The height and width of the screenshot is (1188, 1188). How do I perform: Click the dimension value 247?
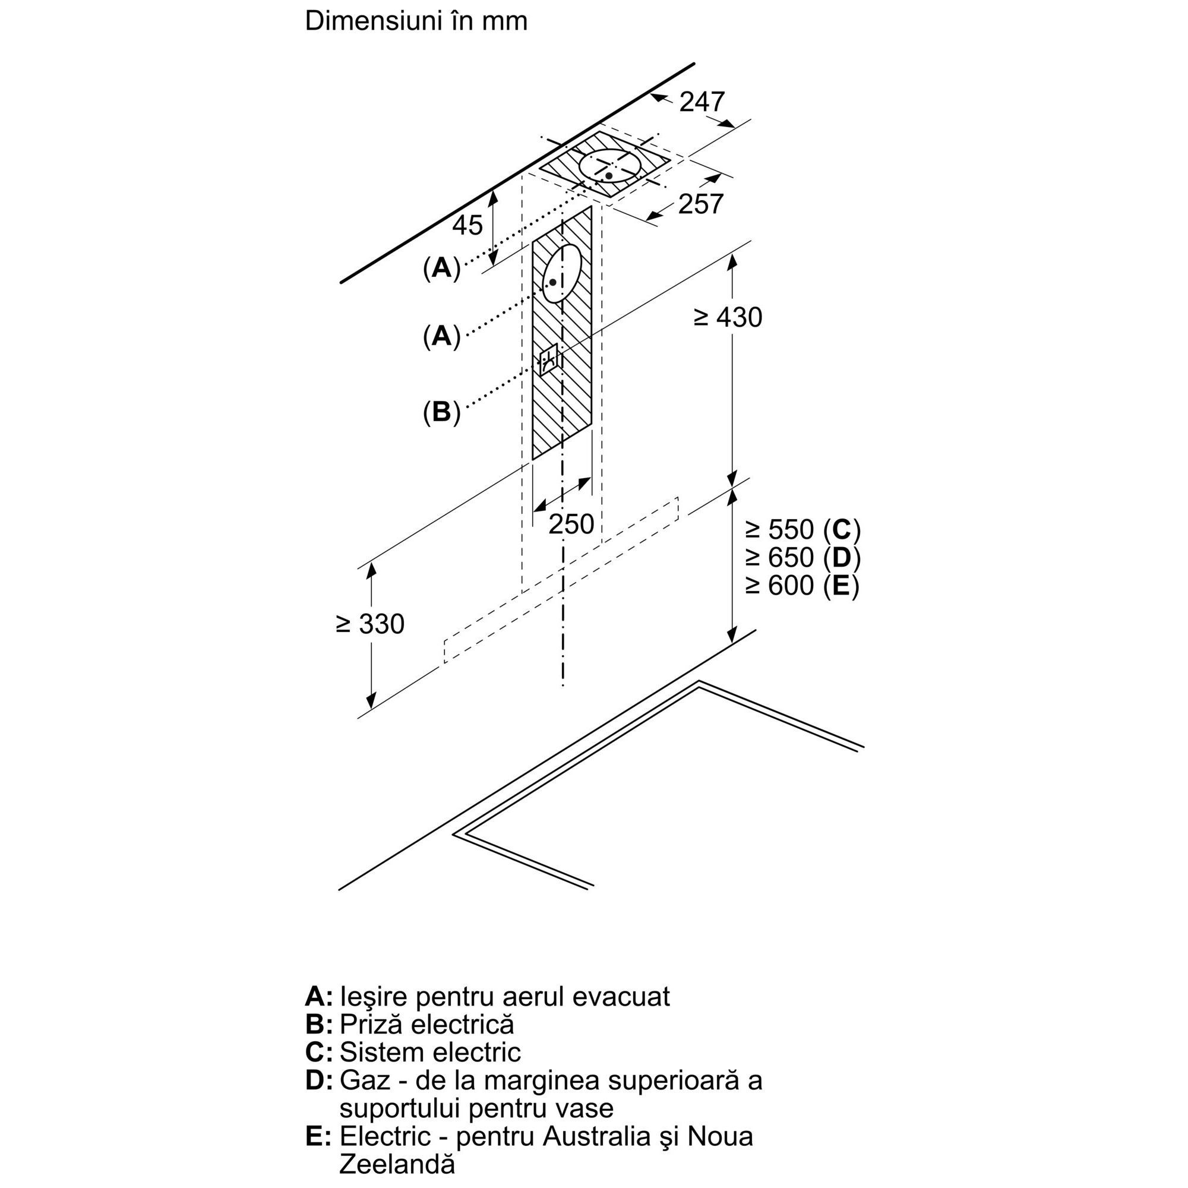[702, 102]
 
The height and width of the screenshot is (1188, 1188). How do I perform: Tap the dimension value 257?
[700, 204]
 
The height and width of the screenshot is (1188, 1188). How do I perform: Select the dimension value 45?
[467, 226]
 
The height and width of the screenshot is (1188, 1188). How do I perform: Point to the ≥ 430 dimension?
[728, 317]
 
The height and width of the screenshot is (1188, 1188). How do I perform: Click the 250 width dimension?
[571, 524]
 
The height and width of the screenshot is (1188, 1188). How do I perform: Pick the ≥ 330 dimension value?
[370, 624]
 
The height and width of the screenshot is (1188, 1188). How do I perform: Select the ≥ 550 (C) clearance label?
[802, 529]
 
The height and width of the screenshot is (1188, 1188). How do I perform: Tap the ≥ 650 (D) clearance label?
[802, 557]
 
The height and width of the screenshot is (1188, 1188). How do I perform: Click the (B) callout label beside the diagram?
[441, 412]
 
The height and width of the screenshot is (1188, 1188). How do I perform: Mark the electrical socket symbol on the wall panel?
[548, 359]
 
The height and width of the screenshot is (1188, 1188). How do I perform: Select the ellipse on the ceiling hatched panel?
[609, 167]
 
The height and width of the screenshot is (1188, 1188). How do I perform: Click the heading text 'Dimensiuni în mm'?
[416, 21]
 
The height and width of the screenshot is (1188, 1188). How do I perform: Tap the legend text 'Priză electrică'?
[426, 1024]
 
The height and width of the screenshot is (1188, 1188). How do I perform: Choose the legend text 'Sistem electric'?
[430, 1051]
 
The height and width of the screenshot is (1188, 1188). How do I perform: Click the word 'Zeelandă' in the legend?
[397, 1164]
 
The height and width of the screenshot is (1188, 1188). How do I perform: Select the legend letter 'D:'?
[318, 1080]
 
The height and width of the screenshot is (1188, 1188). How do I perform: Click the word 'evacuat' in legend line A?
[621, 996]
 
